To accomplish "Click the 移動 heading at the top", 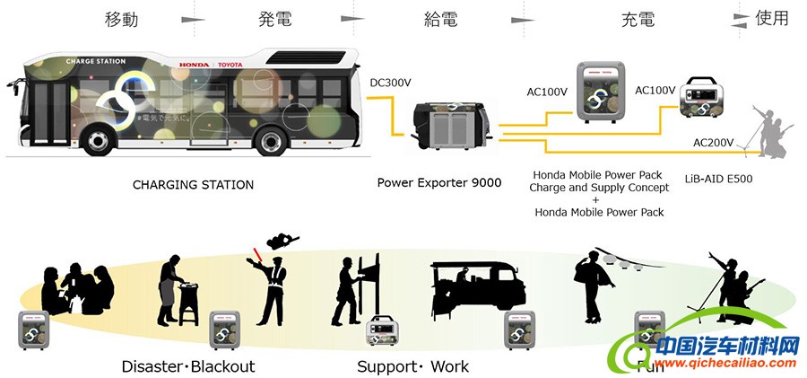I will (x=122, y=19).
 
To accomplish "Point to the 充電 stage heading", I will (x=638, y=19).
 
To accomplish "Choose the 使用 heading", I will (x=772, y=18).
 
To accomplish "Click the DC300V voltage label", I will (x=390, y=83).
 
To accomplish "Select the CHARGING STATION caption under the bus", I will (x=193, y=185).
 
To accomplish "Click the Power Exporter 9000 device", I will (x=451, y=124).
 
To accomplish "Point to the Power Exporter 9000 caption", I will (x=438, y=183).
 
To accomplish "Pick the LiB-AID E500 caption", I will (x=717, y=179).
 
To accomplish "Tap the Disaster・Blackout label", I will (x=188, y=366).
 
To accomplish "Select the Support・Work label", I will (x=412, y=366).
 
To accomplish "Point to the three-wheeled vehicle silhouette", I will (x=475, y=292).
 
